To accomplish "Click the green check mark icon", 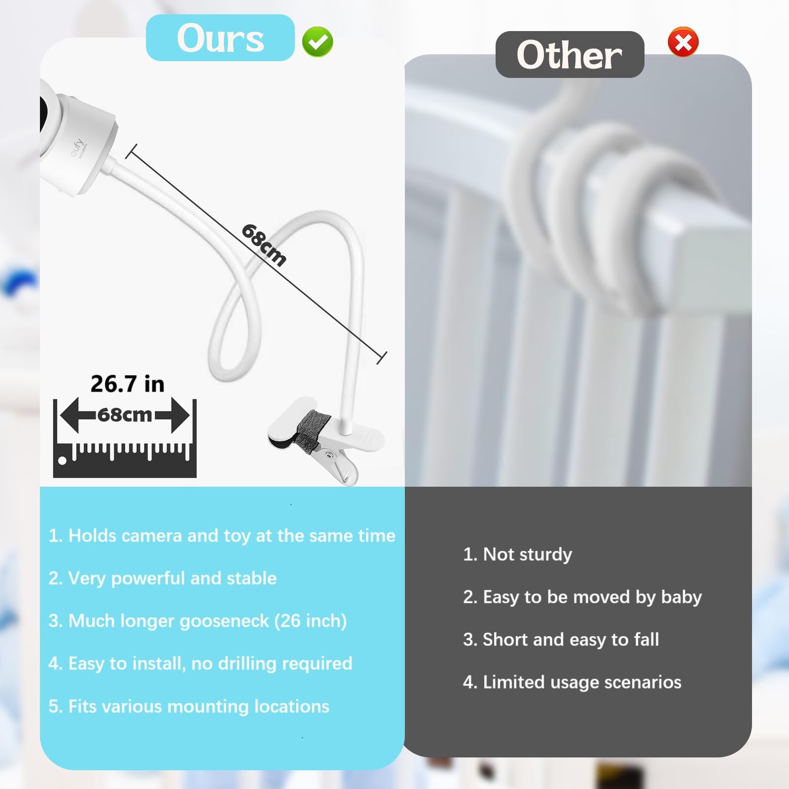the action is (318, 42).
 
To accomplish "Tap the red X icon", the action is (683, 42).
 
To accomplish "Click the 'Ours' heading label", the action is (220, 38).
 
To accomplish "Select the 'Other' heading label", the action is (569, 55).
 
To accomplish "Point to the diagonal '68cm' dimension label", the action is (264, 245).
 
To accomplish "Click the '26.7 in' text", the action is (127, 384).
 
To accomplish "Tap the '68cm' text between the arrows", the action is (125, 415).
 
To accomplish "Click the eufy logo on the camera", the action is (78, 147).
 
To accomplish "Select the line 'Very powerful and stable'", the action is (162, 578).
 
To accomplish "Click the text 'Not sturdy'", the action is (517, 554).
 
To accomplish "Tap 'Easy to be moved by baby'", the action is (582, 597).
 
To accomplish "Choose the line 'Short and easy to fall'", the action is (561, 640).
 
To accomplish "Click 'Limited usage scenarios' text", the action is (572, 682).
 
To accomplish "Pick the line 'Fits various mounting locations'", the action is (189, 706).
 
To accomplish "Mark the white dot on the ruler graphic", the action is (62, 461).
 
